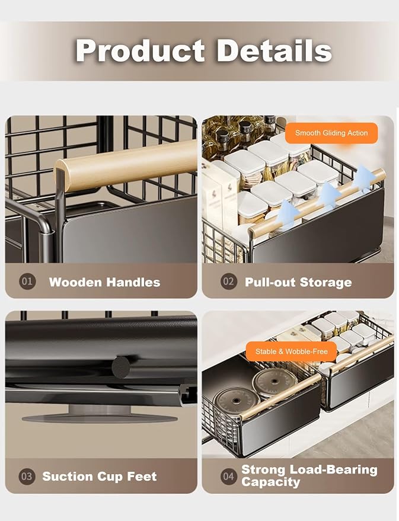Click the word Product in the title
140,51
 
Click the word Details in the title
274,50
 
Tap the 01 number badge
27,282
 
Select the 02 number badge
229,282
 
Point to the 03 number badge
27,476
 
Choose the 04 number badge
229,476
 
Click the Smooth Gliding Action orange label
331,133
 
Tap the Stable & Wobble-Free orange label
291,351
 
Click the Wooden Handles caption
105,282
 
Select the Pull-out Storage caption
298,282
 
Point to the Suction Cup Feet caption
100,477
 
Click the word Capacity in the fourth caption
271,482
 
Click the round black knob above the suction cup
121,367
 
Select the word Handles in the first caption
133,282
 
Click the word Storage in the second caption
326,282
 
